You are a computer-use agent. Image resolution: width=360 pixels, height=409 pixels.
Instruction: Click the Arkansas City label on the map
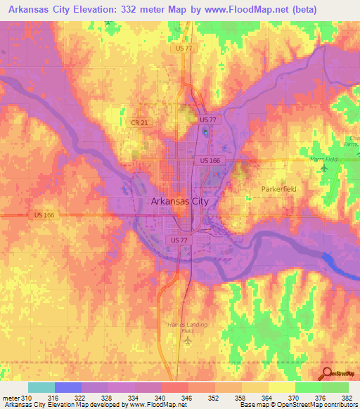[x=179, y=201]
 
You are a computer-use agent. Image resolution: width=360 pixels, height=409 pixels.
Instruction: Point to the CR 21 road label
[x=139, y=122]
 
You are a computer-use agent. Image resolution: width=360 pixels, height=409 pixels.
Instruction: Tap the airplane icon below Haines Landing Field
[x=187, y=341]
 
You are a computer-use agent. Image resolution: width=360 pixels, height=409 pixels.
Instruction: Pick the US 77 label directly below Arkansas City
[x=179, y=240]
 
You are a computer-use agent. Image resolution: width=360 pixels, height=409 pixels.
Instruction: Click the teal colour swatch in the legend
[x=41, y=387]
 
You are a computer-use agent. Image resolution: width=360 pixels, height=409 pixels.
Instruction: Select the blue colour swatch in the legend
[x=68, y=387]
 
